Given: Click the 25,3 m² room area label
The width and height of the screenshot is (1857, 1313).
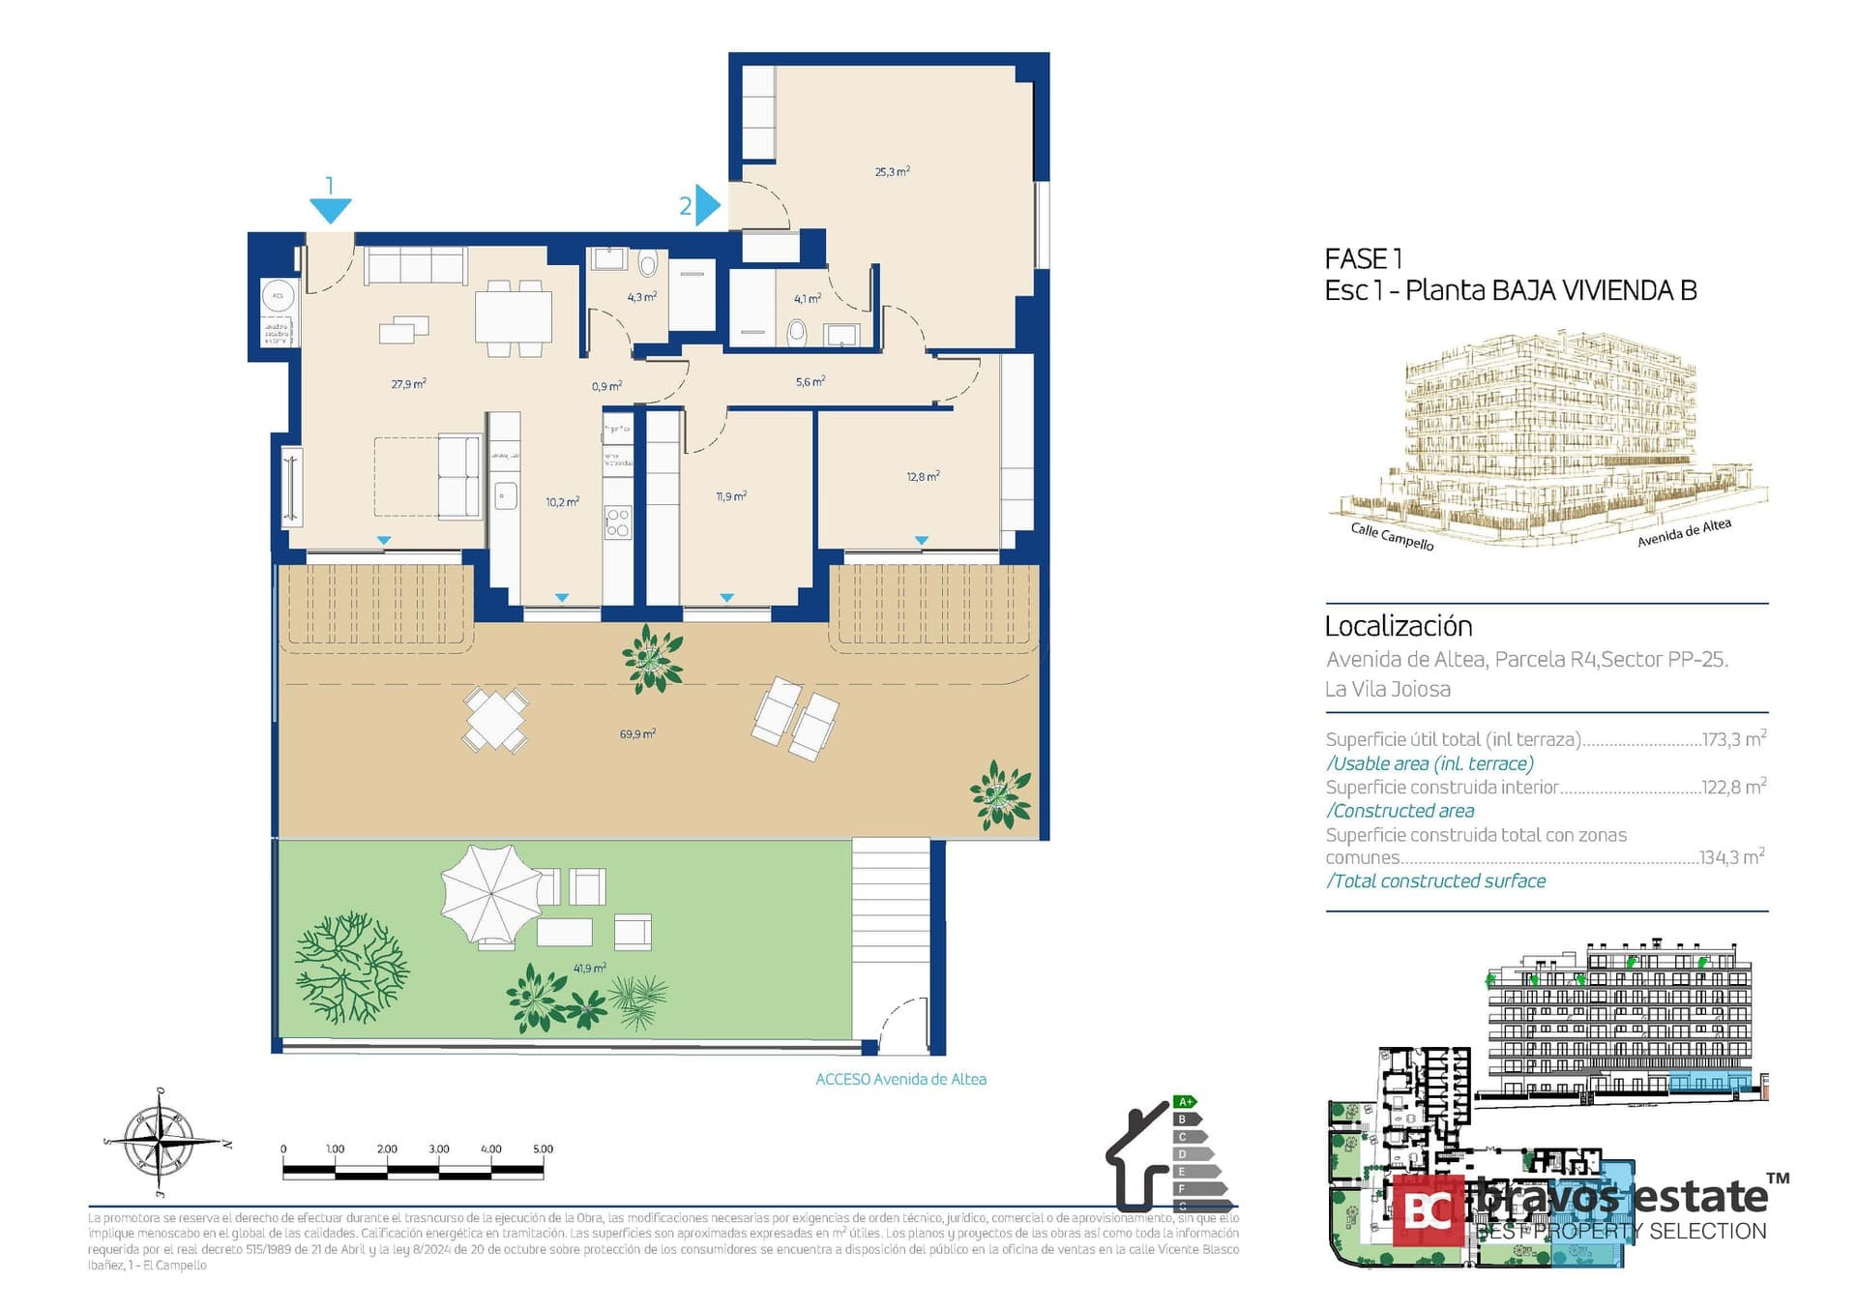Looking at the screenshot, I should point(892,172).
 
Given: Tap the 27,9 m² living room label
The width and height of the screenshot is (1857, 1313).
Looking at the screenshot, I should point(408,384).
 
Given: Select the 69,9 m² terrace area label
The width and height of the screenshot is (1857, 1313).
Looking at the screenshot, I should point(637,734).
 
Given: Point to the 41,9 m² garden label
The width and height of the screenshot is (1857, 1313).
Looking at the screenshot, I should point(589,969).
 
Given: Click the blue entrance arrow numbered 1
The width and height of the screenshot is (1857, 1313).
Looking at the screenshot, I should point(330,209).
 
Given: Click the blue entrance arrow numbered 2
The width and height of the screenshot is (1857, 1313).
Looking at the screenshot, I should point(708,205).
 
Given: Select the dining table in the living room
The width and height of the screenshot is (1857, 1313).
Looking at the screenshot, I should point(513,316).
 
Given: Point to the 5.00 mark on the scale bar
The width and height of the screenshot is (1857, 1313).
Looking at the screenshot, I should point(543,1149).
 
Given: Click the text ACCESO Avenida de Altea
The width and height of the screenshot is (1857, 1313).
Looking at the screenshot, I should point(900,1079).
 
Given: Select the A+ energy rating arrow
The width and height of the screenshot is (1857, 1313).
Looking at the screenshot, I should point(1186,1102).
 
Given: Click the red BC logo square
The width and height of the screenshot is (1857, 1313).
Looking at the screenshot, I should point(1428,1210).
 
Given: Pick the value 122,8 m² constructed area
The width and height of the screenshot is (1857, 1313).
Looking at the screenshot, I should point(1733,788).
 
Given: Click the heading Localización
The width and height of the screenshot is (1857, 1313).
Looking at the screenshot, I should point(1398,626).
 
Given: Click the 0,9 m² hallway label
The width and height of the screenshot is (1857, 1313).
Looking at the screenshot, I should point(606,387).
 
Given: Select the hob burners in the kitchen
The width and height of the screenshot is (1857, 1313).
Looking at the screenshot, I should point(618,522).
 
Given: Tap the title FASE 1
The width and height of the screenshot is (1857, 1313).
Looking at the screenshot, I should point(1363,259).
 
